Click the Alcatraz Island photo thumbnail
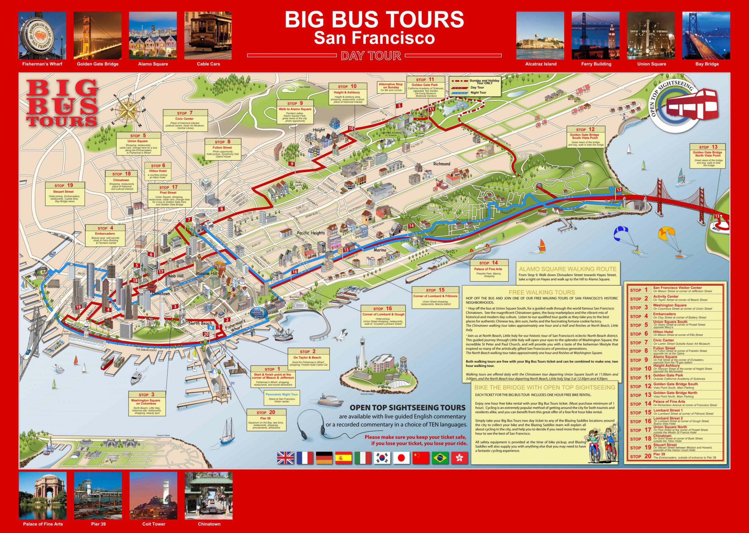[x=540, y=35]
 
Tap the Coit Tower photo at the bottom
[x=153, y=496]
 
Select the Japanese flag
[x=401, y=458]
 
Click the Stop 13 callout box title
[x=707, y=147]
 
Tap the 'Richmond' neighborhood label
[x=442, y=164]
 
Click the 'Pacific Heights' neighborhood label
[x=311, y=233]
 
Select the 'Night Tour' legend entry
[x=478, y=93]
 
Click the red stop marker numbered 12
[x=619, y=190]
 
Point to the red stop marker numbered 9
[x=291, y=164]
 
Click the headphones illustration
[x=310, y=423]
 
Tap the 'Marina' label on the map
[x=380, y=250]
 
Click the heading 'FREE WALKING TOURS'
[x=542, y=292]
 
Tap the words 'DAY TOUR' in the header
[x=371, y=56]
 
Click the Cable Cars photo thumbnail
[x=208, y=35]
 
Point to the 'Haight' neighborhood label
[x=319, y=130]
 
